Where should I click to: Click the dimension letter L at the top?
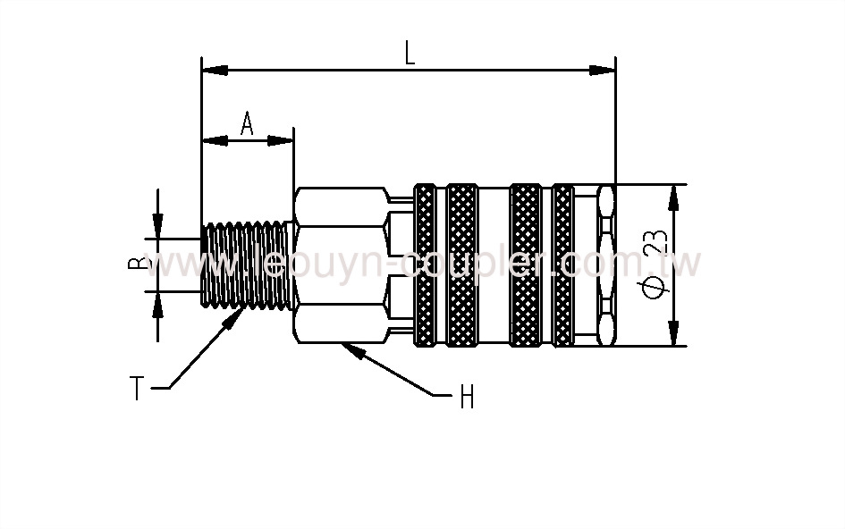[x=410, y=54]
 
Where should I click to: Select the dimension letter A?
[x=247, y=124]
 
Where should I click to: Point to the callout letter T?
[x=137, y=389]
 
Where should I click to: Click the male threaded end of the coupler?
[x=246, y=264]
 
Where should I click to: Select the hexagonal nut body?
[x=341, y=264]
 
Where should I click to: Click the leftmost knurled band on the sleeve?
[x=426, y=264]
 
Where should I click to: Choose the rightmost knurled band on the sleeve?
[x=563, y=264]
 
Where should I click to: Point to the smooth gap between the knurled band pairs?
[x=494, y=264]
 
